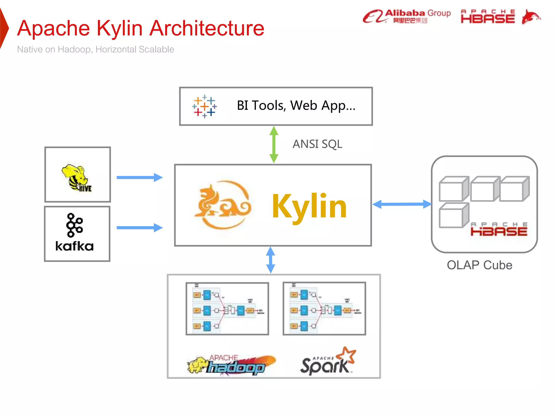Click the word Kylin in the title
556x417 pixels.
(119, 28)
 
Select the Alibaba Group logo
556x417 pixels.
(406, 16)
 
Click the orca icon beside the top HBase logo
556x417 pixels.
(530, 17)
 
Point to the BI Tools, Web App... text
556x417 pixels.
(296, 105)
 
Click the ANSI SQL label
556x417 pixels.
(317, 144)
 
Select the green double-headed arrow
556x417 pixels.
(274, 144)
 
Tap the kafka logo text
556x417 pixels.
(74, 246)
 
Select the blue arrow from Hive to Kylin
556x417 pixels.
(140, 178)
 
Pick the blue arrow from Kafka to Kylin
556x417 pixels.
(140, 228)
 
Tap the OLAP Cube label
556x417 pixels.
(479, 265)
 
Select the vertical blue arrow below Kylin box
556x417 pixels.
(270, 260)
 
